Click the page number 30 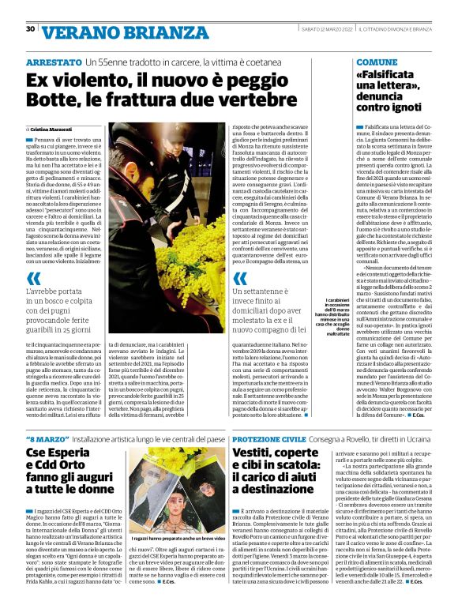(x=30, y=29)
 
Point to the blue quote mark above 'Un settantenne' (x=241, y=278)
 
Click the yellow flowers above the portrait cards (x=188, y=458)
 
